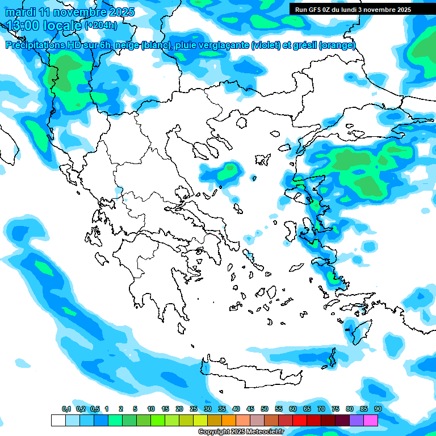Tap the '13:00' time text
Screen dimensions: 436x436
click(x=24, y=25)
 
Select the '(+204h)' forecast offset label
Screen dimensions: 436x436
click(x=100, y=25)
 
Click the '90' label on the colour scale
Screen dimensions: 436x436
click(x=378, y=409)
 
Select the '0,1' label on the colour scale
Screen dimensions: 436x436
click(x=66, y=409)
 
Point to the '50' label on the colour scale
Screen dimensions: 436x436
click(x=265, y=409)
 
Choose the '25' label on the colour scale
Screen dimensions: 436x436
click(x=194, y=409)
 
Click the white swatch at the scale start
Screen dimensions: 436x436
click(x=58, y=420)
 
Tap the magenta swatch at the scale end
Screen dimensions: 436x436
click(x=370, y=420)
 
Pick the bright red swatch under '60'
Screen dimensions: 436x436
click(x=299, y=420)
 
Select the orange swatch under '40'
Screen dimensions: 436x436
click(x=228, y=420)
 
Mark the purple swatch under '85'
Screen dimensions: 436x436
click(x=356, y=420)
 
